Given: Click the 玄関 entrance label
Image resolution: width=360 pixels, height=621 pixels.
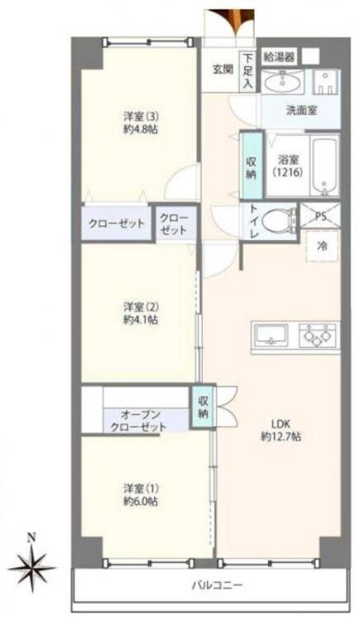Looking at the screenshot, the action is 223,70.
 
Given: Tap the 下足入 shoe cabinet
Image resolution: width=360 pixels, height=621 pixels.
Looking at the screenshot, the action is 247,71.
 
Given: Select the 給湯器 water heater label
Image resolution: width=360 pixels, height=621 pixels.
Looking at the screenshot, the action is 280,57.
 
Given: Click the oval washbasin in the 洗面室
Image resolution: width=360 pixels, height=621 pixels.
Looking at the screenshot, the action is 282,82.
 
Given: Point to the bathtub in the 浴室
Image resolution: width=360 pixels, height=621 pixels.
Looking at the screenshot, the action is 324,166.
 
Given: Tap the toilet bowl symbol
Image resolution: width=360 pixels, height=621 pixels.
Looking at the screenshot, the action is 279,221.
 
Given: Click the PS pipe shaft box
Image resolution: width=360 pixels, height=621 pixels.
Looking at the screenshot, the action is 320,216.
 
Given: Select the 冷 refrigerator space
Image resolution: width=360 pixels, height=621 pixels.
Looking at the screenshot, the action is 323,246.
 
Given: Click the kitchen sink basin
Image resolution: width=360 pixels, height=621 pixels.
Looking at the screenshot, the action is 271,335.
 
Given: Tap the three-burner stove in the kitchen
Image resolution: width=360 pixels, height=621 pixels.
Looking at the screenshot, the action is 318,335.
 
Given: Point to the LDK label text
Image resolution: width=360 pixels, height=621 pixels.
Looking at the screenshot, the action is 281,423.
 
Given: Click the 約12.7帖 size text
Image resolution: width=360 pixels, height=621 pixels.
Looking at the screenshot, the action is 281,436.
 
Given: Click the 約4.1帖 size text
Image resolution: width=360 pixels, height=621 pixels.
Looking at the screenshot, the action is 141,320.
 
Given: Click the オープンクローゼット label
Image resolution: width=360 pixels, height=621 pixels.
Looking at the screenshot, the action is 138,421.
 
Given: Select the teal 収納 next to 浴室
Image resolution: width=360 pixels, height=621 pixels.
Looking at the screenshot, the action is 252,166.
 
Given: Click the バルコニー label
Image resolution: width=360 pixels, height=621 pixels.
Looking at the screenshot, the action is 218,585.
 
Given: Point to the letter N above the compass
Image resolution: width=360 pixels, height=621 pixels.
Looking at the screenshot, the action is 31,538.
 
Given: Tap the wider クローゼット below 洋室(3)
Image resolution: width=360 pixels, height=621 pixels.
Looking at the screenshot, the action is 117,224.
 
